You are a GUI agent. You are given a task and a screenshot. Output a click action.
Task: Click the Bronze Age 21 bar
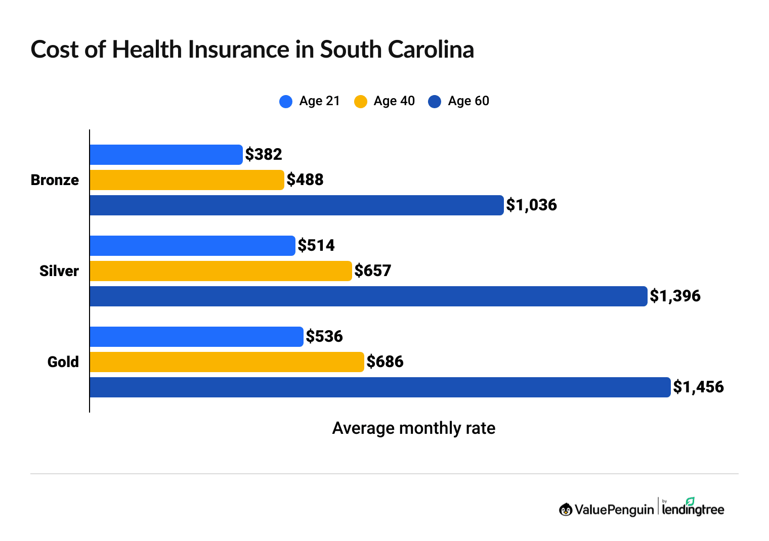[166, 155]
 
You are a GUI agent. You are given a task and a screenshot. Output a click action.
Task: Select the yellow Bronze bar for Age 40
[187, 180]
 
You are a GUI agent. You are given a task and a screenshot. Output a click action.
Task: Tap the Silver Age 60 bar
[368, 296]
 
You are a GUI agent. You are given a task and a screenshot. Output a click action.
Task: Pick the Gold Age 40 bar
[227, 362]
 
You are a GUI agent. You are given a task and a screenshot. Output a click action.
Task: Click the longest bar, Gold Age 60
[380, 387]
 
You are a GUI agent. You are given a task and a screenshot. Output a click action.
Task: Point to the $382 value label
[264, 154]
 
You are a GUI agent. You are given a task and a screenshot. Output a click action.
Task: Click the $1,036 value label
[531, 205]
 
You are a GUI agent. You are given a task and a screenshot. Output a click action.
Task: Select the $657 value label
[373, 270]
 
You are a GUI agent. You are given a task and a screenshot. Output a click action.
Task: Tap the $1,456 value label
[698, 387]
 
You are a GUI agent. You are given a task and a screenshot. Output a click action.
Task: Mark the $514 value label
[316, 245]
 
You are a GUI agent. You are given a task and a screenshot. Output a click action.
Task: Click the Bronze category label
[55, 180]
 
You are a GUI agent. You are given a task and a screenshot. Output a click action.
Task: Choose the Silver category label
[59, 271]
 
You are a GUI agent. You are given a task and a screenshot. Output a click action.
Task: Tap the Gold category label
[63, 362]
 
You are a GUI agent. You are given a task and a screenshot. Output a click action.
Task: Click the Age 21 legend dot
[286, 102]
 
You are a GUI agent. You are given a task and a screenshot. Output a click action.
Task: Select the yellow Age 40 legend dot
[360, 102]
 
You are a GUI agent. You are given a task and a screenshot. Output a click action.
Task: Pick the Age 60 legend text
[468, 101]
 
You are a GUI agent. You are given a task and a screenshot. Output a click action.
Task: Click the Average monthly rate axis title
[413, 428]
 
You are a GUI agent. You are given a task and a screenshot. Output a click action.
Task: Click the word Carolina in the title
[431, 50]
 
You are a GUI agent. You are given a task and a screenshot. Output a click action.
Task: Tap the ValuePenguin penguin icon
[566, 509]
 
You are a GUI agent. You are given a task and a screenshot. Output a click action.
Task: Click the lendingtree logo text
[693, 509]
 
